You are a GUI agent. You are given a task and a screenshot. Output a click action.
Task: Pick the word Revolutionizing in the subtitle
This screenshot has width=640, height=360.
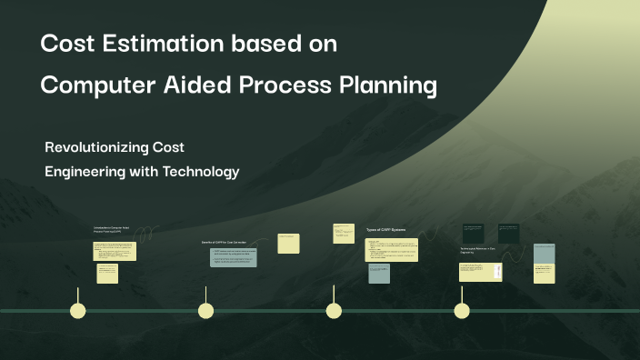point(98,147)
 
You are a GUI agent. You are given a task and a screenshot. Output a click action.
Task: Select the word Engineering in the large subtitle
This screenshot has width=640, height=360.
point(87,171)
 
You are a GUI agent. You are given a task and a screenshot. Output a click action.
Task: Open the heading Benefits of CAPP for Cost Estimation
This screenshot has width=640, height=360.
point(224,243)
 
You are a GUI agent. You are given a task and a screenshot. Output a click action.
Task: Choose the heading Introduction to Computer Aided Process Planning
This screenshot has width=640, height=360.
point(112,230)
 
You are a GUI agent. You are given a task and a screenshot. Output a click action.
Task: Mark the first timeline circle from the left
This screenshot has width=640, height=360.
point(78,311)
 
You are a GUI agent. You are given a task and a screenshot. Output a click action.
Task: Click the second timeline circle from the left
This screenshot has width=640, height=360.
point(205,311)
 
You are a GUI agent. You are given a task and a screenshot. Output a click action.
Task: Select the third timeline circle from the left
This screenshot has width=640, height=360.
point(334,311)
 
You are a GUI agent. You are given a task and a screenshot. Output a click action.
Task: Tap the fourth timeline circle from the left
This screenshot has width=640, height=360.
point(462,311)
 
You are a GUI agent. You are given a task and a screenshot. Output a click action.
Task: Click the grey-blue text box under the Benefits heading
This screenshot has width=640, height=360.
point(234,257)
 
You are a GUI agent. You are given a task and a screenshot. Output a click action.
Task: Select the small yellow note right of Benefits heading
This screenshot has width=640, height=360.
point(288,243)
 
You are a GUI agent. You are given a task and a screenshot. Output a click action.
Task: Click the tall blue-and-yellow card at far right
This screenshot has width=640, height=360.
point(545,264)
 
